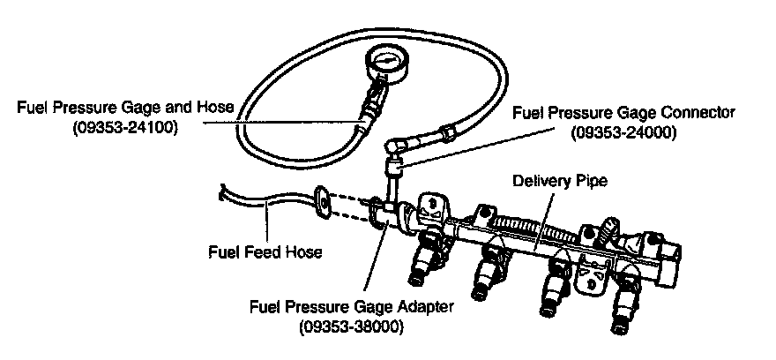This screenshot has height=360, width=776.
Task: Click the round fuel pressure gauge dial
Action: point(387,63)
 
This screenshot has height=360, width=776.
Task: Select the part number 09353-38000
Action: point(352,326)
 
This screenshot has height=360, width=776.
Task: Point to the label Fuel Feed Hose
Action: point(265,251)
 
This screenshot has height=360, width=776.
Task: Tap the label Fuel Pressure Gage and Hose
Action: point(126,108)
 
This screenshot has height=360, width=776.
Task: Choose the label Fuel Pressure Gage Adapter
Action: point(352,307)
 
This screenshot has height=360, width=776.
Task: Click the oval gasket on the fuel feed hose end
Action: point(323,200)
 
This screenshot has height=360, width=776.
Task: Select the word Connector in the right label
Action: point(700,112)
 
